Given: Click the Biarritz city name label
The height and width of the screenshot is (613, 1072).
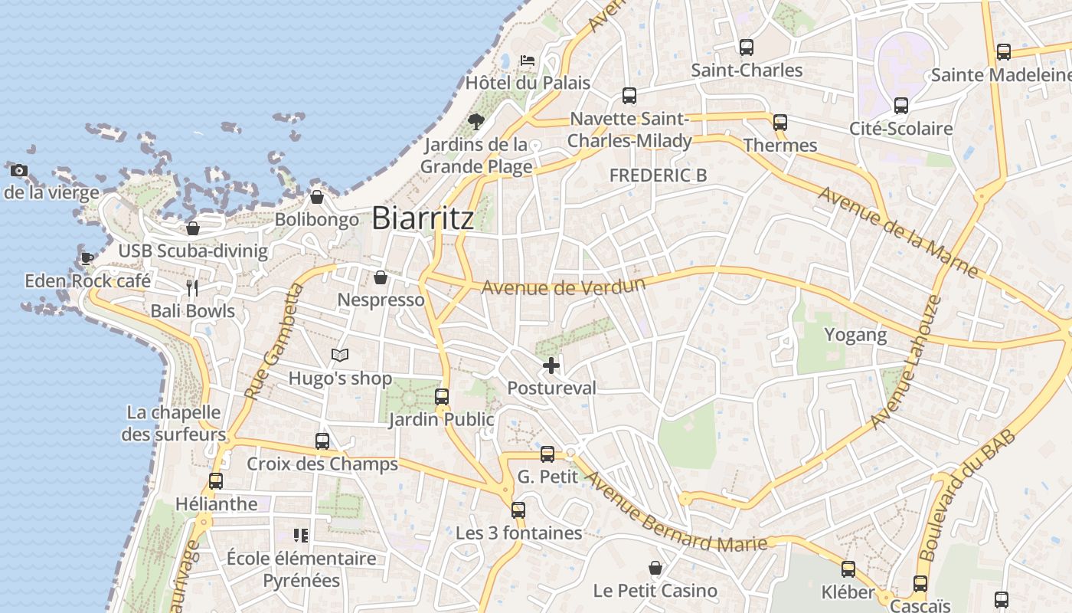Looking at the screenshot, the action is click(423, 218).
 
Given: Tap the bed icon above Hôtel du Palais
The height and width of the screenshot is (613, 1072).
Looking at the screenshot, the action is click(527, 60).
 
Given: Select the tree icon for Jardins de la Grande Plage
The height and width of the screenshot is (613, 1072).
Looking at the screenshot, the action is click(476, 121).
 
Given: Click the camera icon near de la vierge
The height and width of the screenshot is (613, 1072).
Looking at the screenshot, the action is click(19, 170).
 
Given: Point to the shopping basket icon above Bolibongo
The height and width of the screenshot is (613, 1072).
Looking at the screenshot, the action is click(317, 198).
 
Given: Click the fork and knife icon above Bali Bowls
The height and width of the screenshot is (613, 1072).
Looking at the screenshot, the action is click(192, 288).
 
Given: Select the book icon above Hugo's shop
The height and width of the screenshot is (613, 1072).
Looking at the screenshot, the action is click(340, 355).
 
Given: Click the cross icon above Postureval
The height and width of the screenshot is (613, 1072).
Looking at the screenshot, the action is click(551, 366).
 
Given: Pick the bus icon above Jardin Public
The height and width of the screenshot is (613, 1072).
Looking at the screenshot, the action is click(442, 397).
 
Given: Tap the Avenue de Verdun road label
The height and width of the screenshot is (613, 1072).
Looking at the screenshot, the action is click(564, 287).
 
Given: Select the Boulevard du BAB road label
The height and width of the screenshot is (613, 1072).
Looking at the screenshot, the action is click(966, 495).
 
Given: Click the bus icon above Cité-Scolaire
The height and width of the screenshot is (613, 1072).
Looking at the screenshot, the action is click(901, 106).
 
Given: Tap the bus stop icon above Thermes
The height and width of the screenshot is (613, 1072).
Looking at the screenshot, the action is click(780, 123).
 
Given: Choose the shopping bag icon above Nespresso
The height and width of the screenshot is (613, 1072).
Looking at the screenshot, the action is click(381, 277).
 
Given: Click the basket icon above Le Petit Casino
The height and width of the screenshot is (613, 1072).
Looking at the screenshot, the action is click(655, 568).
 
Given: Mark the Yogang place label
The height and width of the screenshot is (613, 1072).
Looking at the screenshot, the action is click(855, 335).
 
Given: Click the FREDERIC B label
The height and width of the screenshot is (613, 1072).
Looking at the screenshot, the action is click(658, 175).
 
